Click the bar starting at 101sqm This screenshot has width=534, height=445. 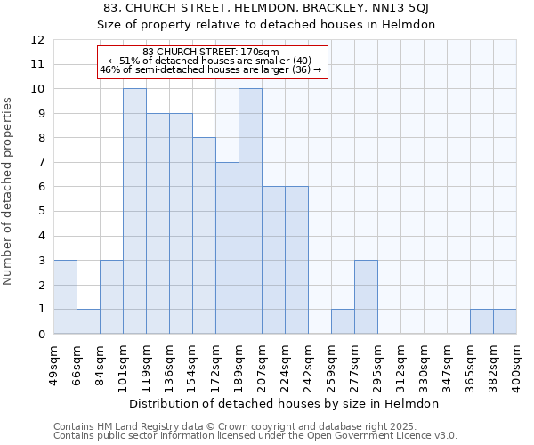click(x=134, y=211)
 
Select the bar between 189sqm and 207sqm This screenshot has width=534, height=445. click(x=250, y=211)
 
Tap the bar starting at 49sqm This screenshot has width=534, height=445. click(x=65, y=297)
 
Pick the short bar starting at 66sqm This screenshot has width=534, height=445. click(x=88, y=321)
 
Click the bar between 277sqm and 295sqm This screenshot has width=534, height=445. click(x=366, y=297)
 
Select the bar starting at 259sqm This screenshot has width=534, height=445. click(x=343, y=321)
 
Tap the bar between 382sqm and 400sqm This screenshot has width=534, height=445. click(x=505, y=321)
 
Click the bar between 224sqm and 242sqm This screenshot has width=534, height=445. click(x=296, y=260)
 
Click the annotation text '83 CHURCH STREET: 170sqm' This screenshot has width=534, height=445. click(x=211, y=52)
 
